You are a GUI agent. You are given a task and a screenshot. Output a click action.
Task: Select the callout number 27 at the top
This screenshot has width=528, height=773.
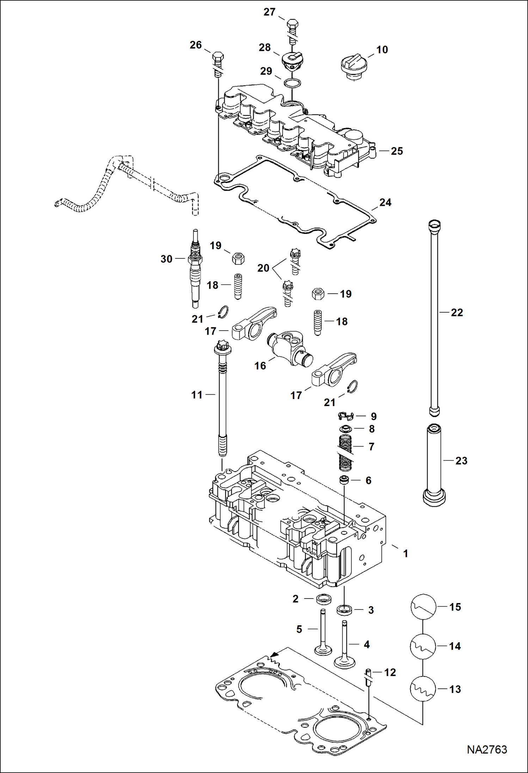(x=269, y=12)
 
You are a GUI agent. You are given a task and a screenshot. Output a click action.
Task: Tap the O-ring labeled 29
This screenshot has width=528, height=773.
(x=293, y=84)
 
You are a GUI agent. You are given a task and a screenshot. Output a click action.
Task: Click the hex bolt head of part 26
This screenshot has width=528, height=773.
(x=217, y=57)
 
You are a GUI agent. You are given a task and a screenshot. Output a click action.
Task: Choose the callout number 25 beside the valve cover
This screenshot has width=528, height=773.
(x=397, y=151)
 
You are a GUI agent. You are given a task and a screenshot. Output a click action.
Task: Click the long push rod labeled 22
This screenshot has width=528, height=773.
(x=434, y=317)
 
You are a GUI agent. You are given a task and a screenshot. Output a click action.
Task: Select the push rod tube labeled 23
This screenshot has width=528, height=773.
(x=434, y=465)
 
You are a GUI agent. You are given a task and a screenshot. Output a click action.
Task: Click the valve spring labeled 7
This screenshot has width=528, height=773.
(x=345, y=453)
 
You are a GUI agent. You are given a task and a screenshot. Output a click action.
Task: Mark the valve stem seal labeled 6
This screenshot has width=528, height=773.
(x=344, y=480)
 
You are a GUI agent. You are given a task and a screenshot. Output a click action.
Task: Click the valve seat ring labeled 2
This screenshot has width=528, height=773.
(x=323, y=599)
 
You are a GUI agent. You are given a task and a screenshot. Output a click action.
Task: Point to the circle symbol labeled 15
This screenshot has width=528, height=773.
(x=423, y=607)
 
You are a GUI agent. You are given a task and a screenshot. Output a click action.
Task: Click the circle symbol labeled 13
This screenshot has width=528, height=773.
(x=423, y=689)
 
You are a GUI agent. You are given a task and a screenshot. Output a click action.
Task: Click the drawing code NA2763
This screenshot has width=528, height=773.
(x=487, y=749)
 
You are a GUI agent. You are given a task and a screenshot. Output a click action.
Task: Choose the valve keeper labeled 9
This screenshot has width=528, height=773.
(x=345, y=416)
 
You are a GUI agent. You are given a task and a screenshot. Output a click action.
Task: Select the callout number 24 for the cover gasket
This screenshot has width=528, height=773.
(x=385, y=202)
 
